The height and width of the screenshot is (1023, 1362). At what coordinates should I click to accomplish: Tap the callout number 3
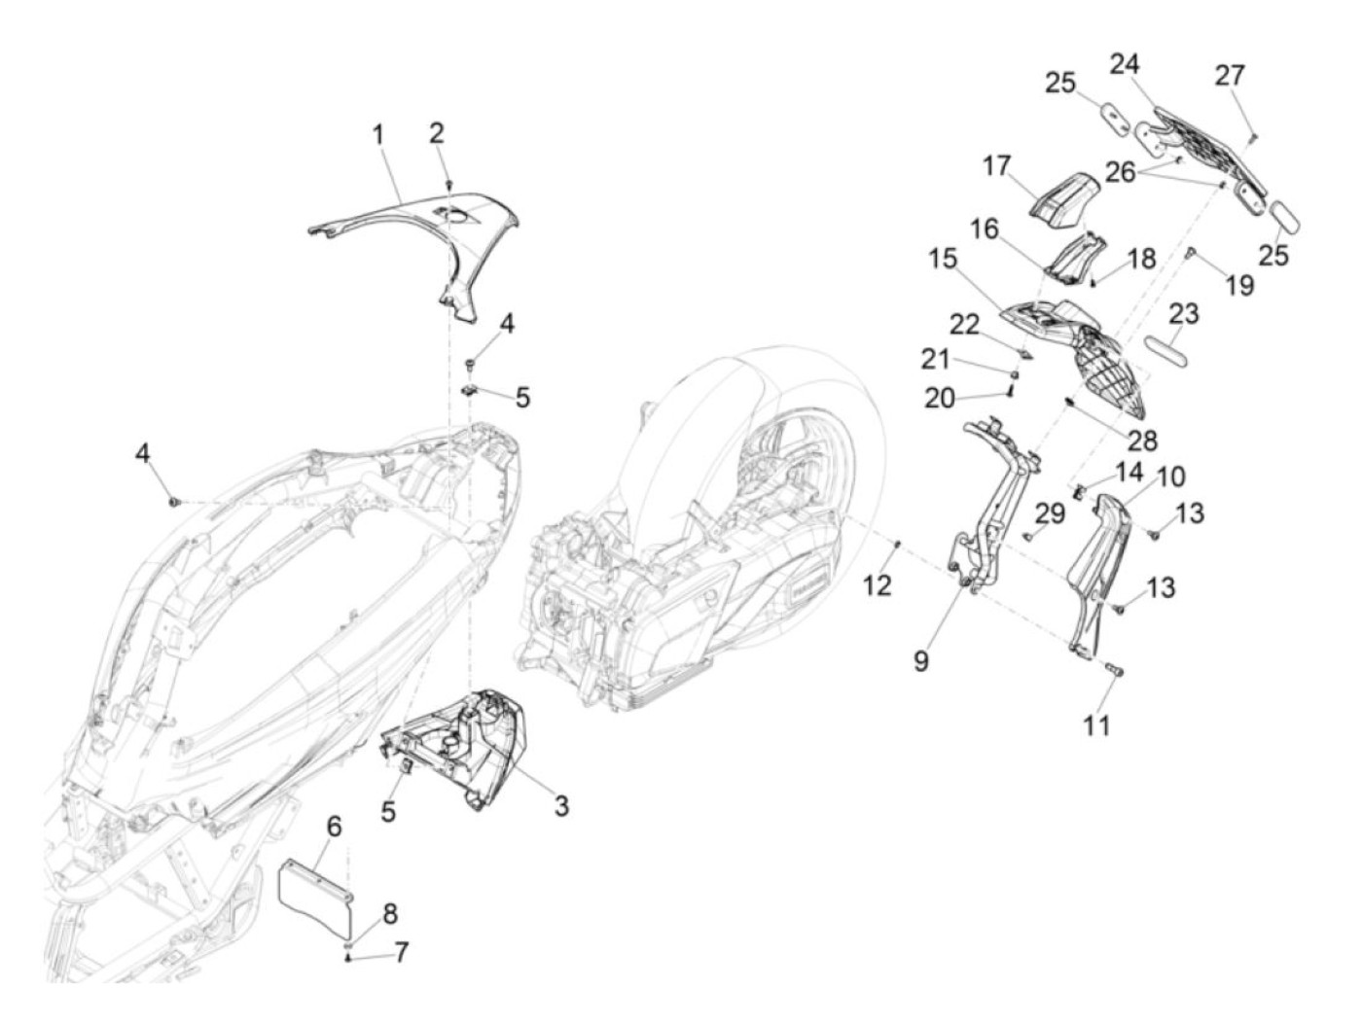(x=561, y=806)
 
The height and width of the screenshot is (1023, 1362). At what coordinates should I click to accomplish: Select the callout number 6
(x=334, y=828)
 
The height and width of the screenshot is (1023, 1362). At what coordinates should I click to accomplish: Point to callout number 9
(x=920, y=660)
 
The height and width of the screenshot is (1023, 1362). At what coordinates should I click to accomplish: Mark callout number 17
(x=996, y=166)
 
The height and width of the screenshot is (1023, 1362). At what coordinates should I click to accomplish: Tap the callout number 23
(x=1184, y=314)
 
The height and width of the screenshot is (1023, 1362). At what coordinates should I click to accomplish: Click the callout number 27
(x=1230, y=76)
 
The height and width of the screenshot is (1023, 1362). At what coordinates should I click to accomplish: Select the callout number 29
(x=1051, y=512)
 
